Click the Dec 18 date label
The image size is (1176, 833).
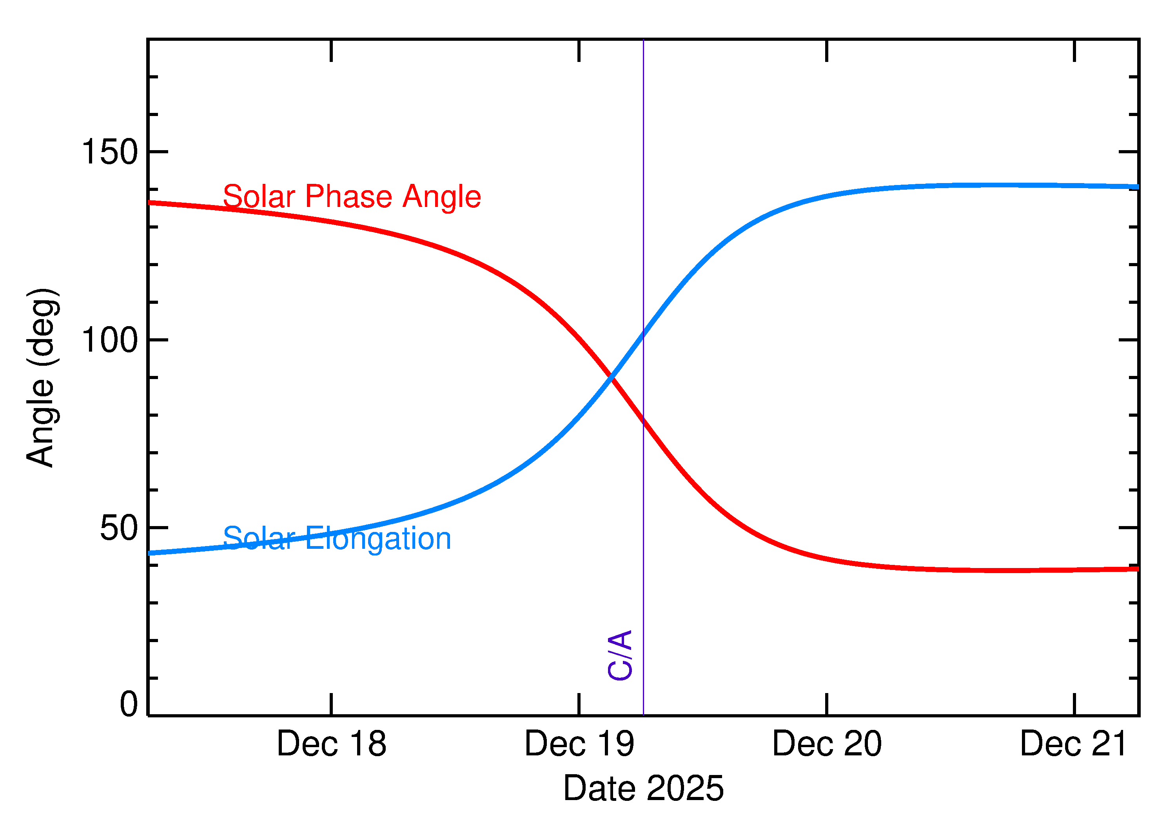[x=331, y=744]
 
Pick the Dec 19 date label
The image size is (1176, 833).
[x=579, y=744]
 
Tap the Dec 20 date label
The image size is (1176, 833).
[x=827, y=744]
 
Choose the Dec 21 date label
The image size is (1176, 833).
[x=1073, y=744]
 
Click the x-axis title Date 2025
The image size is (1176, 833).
[x=643, y=788]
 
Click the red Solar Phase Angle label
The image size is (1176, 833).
[x=352, y=196]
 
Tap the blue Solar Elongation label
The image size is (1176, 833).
[x=337, y=539]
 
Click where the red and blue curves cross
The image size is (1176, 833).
[x=611, y=377]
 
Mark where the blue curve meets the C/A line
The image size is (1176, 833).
[x=643, y=334]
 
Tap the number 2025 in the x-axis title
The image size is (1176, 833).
[x=685, y=788]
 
